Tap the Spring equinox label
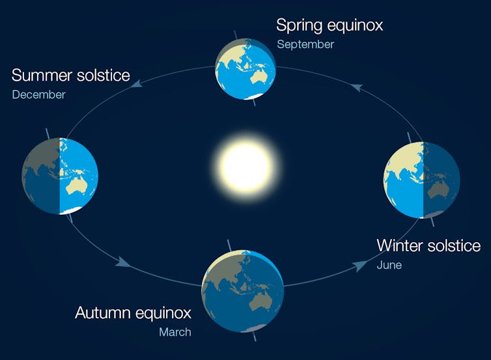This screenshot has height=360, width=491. coord(329,25)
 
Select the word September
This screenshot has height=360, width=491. coord(305,45)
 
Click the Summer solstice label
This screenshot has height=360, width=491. coord(70,75)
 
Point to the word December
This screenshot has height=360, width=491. coord(38,95)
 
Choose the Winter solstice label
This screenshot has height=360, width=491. coord(428,245)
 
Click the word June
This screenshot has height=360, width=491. coord(389,265)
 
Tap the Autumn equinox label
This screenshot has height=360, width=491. coord(133,312)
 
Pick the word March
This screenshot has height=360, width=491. coord(175,332)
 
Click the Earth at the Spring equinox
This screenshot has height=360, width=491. coord(245,68)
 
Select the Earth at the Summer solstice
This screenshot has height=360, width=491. coord(60,176)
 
